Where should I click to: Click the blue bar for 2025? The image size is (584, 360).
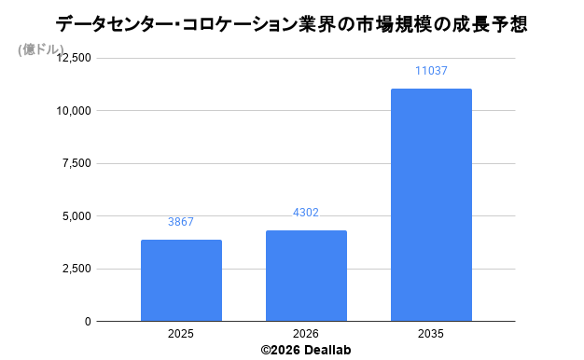[181, 281]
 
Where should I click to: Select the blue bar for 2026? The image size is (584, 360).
[306, 275]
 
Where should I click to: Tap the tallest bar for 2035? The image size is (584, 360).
[431, 205]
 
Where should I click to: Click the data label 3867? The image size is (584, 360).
[181, 222]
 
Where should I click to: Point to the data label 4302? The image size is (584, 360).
[306, 213]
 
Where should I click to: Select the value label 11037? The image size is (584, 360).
[431, 71]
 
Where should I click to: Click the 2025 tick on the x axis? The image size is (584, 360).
[181, 334]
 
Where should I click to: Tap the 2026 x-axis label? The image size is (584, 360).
[306, 334]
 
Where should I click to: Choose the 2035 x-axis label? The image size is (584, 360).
[431, 334]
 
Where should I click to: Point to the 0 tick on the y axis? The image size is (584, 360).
[88, 321]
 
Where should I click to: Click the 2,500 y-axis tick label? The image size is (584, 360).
[76, 269]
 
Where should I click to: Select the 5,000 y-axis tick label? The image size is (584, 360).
[76, 216]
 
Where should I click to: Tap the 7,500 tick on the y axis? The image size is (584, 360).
[76, 163]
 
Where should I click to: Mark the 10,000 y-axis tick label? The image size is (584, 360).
[74, 111]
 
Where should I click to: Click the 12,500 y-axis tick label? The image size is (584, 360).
[74, 58]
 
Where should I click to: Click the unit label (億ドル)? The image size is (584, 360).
[41, 49]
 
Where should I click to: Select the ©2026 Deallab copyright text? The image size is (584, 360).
[306, 350]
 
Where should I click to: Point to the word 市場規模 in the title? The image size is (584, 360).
[393, 25]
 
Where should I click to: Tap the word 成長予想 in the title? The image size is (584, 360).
[490, 25]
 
